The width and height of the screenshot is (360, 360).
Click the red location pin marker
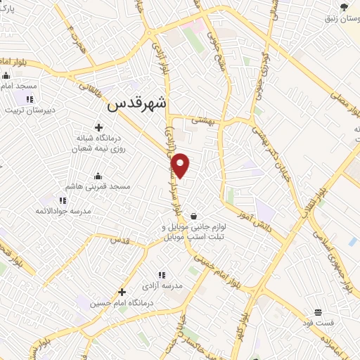pos(181,165)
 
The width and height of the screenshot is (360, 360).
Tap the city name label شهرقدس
pos(138,104)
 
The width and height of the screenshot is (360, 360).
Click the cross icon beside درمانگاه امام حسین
pos(122,292)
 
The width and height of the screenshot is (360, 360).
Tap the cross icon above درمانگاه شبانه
pos(98,128)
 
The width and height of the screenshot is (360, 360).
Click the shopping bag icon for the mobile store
pos(193,217)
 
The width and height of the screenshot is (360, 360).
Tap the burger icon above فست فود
pos(318,311)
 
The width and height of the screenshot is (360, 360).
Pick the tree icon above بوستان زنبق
pos(343,6)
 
